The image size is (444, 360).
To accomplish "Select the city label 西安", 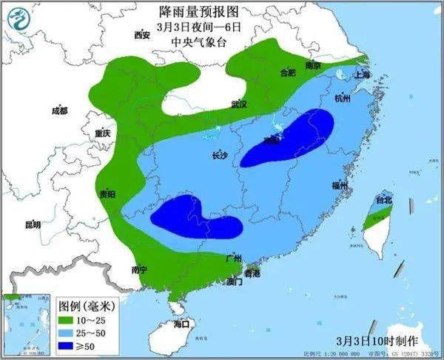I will click(142, 35).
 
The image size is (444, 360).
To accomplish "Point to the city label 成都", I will click(59, 111).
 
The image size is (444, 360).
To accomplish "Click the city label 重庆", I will click(102, 133).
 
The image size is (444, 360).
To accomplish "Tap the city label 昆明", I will click(33, 224).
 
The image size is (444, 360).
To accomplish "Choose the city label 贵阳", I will click(107, 194).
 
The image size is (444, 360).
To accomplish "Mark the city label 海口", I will click(182, 324).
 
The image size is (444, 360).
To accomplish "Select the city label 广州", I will click(234, 258).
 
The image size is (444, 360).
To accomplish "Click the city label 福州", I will click(340, 185).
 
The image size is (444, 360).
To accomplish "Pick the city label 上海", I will click(363, 75).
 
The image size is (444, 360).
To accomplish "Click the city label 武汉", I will click(238, 104).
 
